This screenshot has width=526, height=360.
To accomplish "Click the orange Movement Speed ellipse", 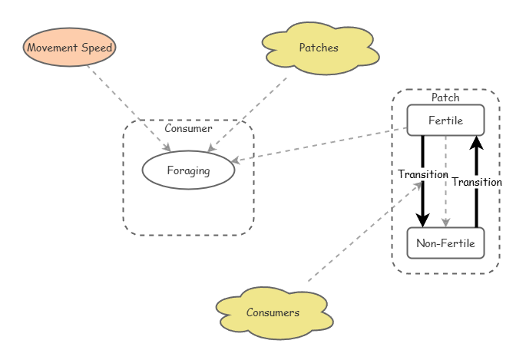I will click(x=70, y=48).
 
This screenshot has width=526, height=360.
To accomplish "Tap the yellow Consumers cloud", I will click(x=273, y=312).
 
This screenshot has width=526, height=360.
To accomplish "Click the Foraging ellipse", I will click(x=188, y=170).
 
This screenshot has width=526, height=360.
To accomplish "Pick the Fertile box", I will click(x=445, y=121).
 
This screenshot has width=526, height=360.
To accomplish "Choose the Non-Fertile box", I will click(x=445, y=243).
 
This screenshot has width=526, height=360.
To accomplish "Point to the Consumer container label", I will click(x=188, y=129).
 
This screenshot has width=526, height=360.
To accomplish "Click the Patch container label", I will click(x=445, y=97).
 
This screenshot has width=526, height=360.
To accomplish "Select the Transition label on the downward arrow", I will click(x=422, y=174).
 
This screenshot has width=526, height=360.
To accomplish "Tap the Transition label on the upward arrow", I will click(x=476, y=182).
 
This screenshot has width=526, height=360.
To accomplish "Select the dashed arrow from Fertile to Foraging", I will click(x=323, y=144).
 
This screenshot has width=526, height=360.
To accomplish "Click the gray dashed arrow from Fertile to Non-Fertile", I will click(x=445, y=184).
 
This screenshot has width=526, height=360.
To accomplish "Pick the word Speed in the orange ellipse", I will click(x=97, y=48).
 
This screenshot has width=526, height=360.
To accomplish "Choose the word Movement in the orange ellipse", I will click(x=52, y=48).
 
